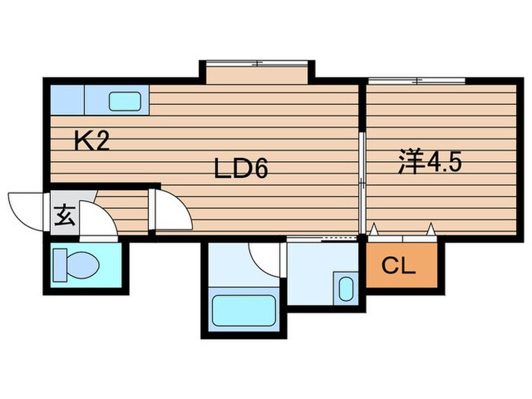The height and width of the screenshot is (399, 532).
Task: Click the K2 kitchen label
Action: click(x=92, y=141)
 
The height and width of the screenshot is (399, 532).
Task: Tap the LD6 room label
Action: click(x=241, y=169)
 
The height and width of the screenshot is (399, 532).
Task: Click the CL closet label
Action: click(x=399, y=265)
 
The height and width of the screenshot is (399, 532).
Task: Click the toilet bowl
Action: click(x=82, y=264)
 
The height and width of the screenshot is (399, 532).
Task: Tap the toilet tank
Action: click(x=60, y=265)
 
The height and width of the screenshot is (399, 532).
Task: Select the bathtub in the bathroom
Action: click(x=244, y=310)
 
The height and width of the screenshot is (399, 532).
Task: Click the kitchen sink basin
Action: click(x=125, y=101)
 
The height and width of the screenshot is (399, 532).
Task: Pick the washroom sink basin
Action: click(x=346, y=289)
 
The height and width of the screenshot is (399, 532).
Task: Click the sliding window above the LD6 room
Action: click(x=257, y=63)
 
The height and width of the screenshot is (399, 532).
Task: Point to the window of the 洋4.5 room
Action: click(x=416, y=81)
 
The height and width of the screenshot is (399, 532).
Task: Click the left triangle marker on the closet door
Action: click(x=374, y=229)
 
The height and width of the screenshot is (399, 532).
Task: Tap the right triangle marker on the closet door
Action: click(x=431, y=229)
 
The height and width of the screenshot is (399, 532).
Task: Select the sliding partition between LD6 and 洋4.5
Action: click(x=363, y=183)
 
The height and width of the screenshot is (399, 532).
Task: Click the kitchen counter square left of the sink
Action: click(x=67, y=100)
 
